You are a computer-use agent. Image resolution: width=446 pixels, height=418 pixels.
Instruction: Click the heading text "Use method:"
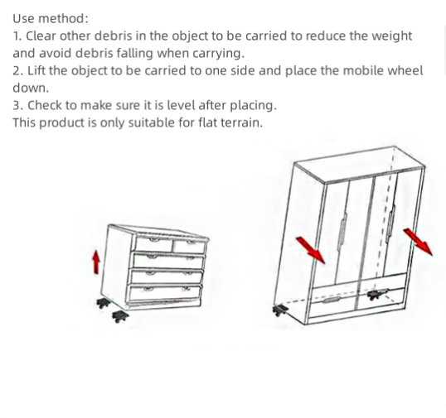[x=51, y=18]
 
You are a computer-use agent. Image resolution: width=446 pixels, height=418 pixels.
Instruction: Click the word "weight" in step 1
[x=390, y=36]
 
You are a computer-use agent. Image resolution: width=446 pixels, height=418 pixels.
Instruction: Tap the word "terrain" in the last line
[x=240, y=123]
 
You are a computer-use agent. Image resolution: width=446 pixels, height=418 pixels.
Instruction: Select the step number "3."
[x=17, y=105]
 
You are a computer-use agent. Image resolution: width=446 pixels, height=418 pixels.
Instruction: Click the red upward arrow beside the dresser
[x=96, y=262]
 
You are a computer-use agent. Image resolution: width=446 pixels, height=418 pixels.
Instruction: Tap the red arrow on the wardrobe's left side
[x=310, y=248]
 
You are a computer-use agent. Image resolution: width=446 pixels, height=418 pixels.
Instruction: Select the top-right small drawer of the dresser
[x=189, y=246]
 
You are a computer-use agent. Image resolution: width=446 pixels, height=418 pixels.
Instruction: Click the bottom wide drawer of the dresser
[x=165, y=291]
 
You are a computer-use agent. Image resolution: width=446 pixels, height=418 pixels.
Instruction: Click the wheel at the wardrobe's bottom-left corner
[x=279, y=310]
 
